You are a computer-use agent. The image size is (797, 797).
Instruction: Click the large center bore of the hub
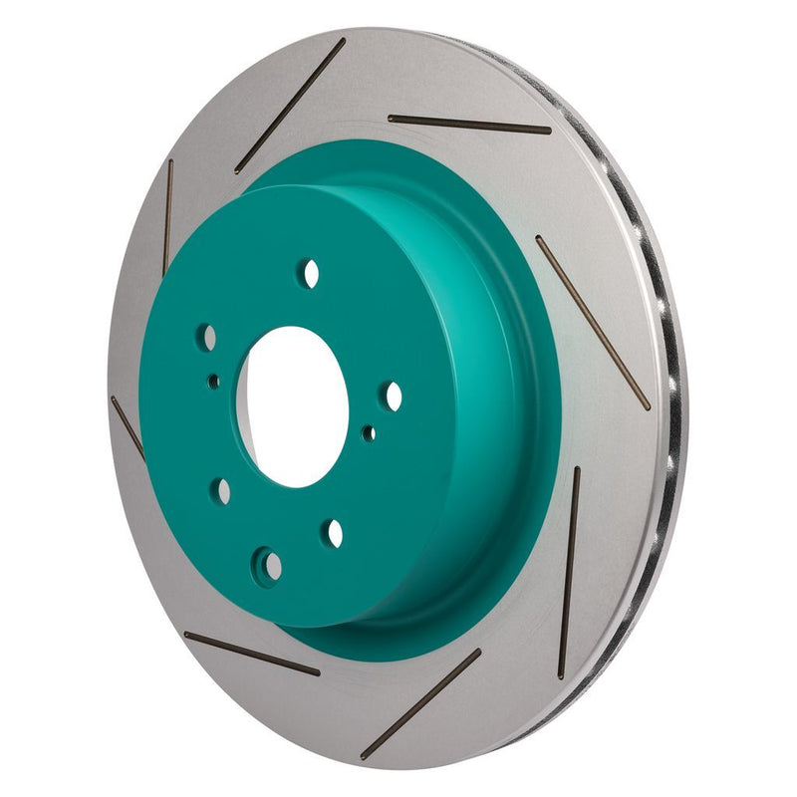tap(294, 406)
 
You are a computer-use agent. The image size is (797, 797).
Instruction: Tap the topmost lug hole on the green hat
tap(311, 272)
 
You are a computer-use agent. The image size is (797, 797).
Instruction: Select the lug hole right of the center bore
tap(394, 397)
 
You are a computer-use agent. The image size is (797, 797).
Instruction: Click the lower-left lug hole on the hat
tap(222, 491)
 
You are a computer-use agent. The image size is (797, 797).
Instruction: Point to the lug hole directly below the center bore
tap(333, 533)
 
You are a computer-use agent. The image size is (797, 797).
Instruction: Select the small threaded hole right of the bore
tap(369, 433)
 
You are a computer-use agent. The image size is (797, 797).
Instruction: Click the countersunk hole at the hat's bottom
tap(268, 565)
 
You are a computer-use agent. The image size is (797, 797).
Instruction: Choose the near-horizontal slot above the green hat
tap(468, 124)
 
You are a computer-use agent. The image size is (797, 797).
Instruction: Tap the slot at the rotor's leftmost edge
tap(128, 427)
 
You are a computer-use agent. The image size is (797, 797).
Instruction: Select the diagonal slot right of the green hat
tap(592, 321)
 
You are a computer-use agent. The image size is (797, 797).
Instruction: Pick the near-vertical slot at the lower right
tap(569, 572)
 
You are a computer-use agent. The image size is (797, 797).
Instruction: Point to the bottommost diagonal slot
tap(420, 703)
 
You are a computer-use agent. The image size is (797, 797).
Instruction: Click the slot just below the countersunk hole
tap(252, 654)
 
